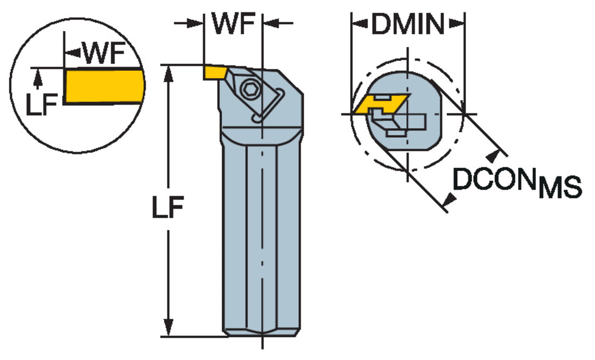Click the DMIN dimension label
[x=408, y=25]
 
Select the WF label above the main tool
[x=233, y=23]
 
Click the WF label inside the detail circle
[x=104, y=53]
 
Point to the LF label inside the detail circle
[x=41, y=105]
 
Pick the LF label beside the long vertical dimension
[x=168, y=207]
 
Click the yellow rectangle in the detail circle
[x=104, y=86]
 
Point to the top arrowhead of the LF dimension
[x=169, y=73]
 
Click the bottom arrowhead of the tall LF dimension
[x=169, y=328]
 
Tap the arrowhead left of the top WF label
[x=196, y=23]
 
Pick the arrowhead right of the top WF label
[x=271, y=23]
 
